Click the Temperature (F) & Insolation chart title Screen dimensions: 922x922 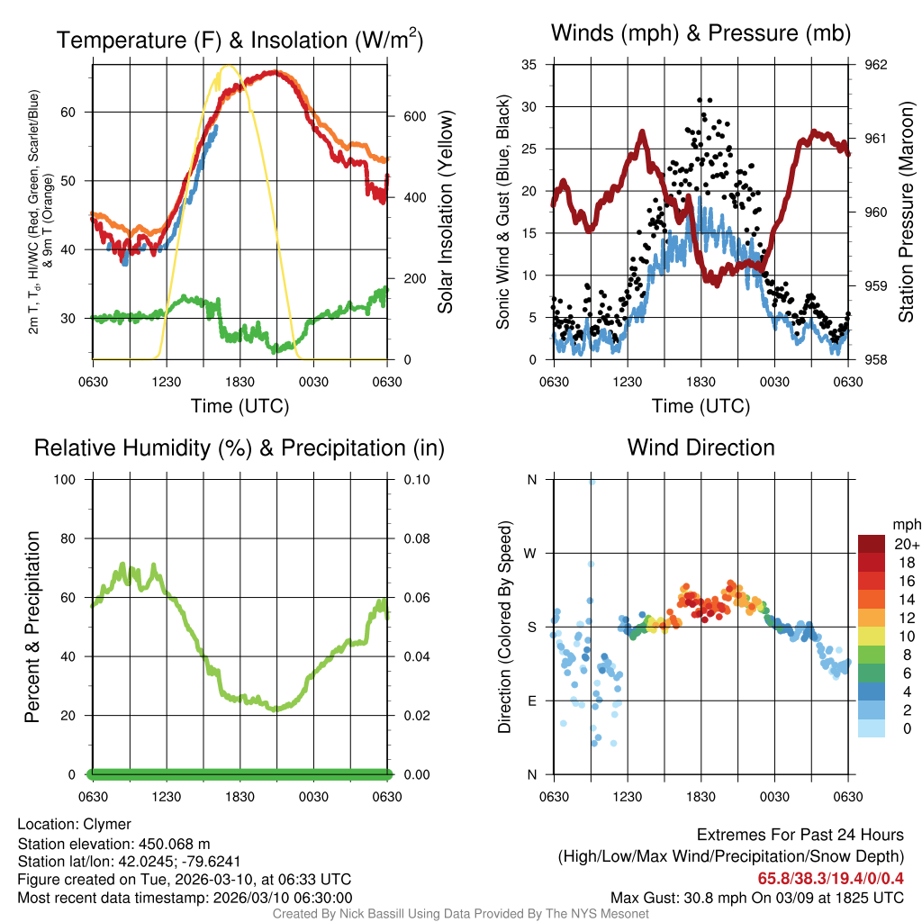[240, 41]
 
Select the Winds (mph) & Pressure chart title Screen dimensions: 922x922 [701, 33]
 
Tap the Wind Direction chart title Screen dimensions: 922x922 [701, 447]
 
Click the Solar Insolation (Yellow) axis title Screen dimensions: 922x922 [445, 212]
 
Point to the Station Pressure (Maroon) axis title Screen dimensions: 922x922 [906, 212]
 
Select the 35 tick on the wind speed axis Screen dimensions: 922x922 [529, 65]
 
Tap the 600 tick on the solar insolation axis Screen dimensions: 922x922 [412, 117]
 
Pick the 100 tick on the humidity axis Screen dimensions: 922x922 [70, 480]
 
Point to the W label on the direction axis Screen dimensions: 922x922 [531, 553]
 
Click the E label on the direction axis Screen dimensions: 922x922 [532, 701]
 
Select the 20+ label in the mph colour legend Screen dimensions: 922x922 [906, 544]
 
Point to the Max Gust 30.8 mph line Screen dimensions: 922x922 [756, 897]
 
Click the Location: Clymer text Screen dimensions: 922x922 [75, 824]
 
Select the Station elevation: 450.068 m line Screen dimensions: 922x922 [113, 844]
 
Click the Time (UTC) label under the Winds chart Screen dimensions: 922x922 [701, 406]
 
